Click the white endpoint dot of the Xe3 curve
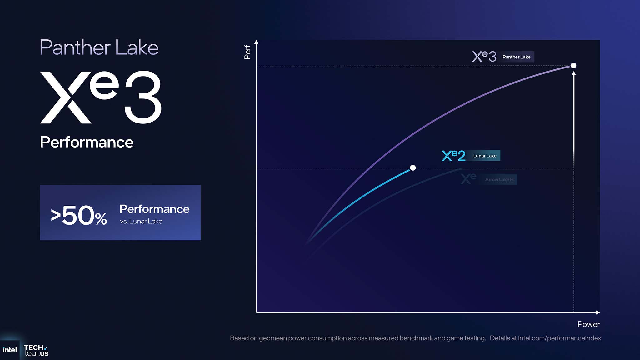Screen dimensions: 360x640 pos(573,65)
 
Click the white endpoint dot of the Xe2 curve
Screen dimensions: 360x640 pos(413,168)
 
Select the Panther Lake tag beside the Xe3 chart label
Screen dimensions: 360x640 pos(516,57)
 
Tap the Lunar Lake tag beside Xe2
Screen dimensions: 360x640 pos(485,156)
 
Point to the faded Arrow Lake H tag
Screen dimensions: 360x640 pos(499,179)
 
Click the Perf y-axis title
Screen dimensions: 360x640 pos(247,52)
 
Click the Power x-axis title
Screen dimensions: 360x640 pos(588,324)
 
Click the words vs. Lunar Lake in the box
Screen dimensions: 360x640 pos(141,221)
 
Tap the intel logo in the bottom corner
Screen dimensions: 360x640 pos(10,350)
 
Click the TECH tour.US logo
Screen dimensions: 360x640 pos(36,350)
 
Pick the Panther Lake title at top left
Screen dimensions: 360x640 pos(99,47)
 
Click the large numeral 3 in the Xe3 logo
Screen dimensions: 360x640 pos(143,97)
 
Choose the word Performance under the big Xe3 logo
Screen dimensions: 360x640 pos(87,142)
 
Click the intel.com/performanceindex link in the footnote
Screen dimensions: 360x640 pos(559,338)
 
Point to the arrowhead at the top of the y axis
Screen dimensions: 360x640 pos(256,42)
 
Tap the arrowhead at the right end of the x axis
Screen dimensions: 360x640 pos(598,312)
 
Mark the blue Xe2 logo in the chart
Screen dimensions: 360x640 pos(453,155)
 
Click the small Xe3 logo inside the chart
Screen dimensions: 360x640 pos(484,56)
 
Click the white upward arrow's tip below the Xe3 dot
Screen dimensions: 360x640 pos(574,73)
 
